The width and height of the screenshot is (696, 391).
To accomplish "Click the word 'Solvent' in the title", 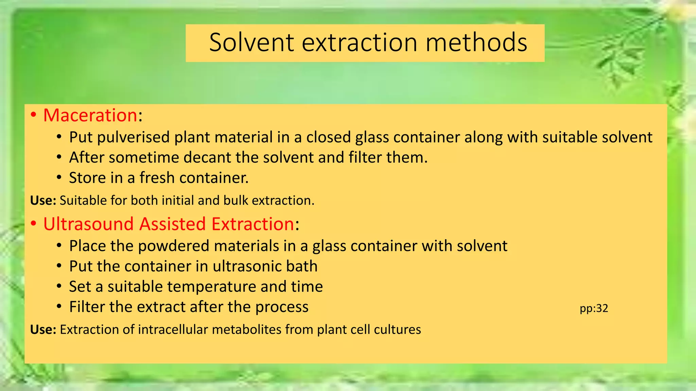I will pyautogui.click(x=251, y=42).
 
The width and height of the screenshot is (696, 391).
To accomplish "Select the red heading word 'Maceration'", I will pyautogui.click(x=90, y=115).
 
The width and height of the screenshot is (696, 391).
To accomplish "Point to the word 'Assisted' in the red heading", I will pyautogui.click(x=173, y=224).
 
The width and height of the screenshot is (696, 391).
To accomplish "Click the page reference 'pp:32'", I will pyautogui.click(x=594, y=308).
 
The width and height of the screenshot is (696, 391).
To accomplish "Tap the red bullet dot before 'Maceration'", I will pyautogui.click(x=33, y=115).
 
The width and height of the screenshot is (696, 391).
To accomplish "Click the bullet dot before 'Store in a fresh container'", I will pyautogui.click(x=59, y=178).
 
